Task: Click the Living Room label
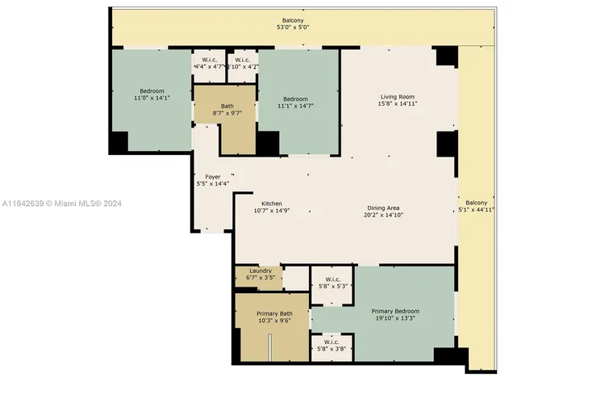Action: click(x=398, y=97)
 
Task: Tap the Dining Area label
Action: click(x=383, y=208)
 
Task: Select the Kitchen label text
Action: click(x=272, y=203)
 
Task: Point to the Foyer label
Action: click(x=213, y=177)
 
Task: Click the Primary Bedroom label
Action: click(x=395, y=311)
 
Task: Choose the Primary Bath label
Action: click(x=274, y=313)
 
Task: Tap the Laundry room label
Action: click(x=261, y=271)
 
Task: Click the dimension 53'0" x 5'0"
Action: click(x=293, y=27)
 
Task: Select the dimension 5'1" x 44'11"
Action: click(x=476, y=210)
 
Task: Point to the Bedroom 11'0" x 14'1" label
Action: click(x=152, y=94)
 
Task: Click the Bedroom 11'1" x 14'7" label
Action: click(x=295, y=103)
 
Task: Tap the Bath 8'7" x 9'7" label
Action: click(x=227, y=110)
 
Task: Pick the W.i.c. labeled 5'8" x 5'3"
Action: click(x=332, y=283)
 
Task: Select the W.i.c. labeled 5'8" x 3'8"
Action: click(x=332, y=345)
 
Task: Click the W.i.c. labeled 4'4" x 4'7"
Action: click(x=209, y=63)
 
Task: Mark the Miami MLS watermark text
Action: click(x=62, y=203)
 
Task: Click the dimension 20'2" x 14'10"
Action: click(x=383, y=215)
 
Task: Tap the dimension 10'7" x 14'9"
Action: click(x=272, y=211)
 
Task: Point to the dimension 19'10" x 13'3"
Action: click(x=395, y=318)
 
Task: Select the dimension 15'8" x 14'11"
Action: click(x=398, y=104)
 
